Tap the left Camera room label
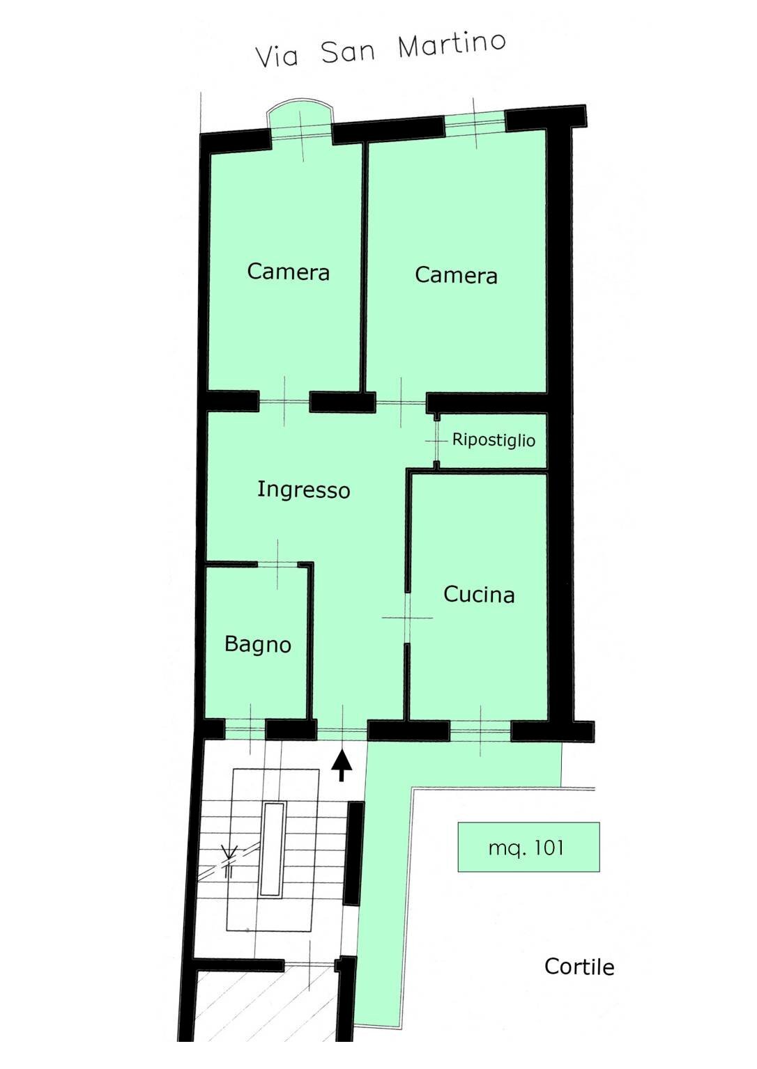288,271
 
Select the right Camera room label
456,275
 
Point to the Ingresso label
303,490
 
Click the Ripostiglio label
494,440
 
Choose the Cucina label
479,594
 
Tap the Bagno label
257,643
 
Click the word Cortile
579,967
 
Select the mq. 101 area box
528,847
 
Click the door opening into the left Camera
284,401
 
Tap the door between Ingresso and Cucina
407,618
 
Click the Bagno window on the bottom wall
245,729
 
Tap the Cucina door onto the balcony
480,730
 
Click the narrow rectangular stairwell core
273,848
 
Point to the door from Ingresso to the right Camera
401,402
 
